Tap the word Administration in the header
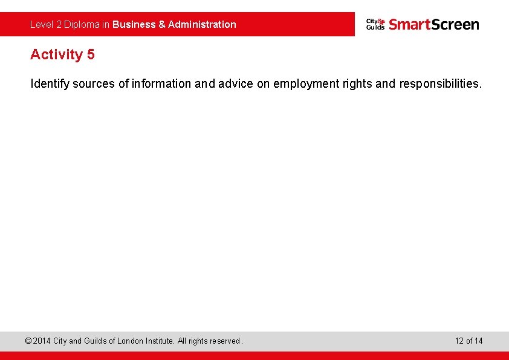pyautogui.click(x=202, y=25)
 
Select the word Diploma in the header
pyautogui.click(x=82, y=25)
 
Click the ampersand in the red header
pyautogui.click(x=162, y=25)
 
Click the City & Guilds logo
pyautogui.click(x=375, y=24)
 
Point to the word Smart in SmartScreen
pyautogui.click(x=409, y=24)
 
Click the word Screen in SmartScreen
pyautogui.click(x=455, y=24)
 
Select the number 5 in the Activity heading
pyautogui.click(x=91, y=54)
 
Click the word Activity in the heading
pyautogui.click(x=56, y=54)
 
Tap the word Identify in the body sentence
pyautogui.click(x=50, y=84)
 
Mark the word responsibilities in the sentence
pyautogui.click(x=440, y=84)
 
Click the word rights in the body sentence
pyautogui.click(x=357, y=84)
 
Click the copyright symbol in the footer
pyautogui.click(x=28, y=341)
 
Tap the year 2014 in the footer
pyautogui.click(x=42, y=341)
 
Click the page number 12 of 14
pyautogui.click(x=468, y=341)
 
